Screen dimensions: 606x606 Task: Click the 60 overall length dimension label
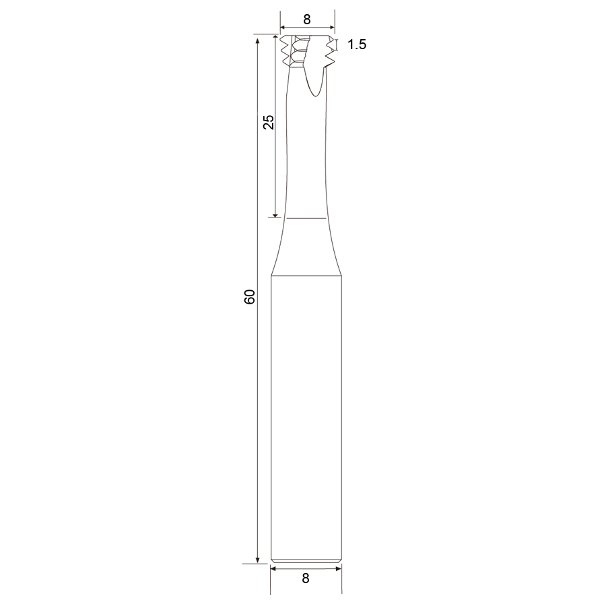(x=250, y=296)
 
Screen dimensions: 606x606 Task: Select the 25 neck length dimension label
(x=268, y=122)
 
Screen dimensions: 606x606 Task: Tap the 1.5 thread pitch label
(x=357, y=44)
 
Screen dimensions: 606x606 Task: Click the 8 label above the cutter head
(x=307, y=20)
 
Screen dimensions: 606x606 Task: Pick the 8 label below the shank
(x=306, y=578)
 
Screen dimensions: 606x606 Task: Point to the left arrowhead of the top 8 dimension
(x=283, y=28)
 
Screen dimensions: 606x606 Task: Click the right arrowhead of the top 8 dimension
(x=331, y=28)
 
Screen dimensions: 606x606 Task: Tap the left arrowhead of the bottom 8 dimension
(x=273, y=568)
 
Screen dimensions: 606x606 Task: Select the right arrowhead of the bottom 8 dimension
(x=339, y=568)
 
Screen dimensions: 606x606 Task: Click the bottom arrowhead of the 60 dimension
(x=257, y=561)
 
